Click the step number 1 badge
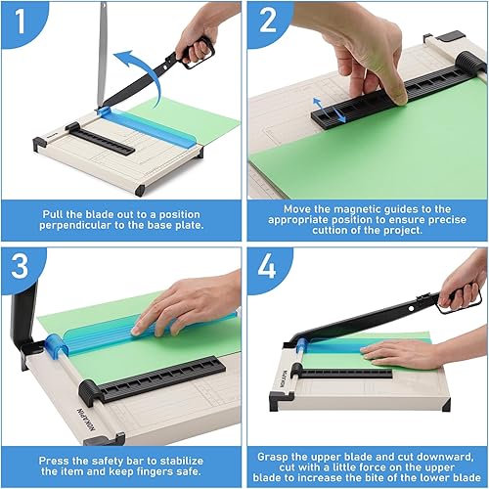pos(19,21)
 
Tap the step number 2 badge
pos(267,21)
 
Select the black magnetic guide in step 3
pos(160,378)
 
